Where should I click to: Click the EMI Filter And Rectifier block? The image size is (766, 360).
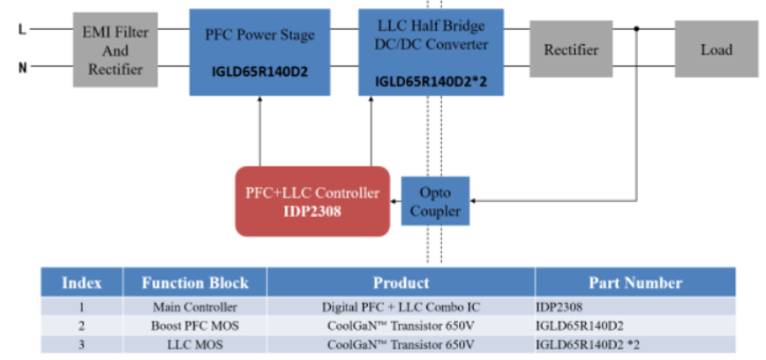pyautogui.click(x=116, y=49)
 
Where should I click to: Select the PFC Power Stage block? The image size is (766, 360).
pyautogui.click(x=260, y=52)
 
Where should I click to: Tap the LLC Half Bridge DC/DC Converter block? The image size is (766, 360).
pyautogui.click(x=431, y=51)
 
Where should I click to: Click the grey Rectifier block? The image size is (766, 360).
pyautogui.click(x=571, y=50)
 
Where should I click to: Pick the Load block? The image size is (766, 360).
pyautogui.click(x=716, y=50)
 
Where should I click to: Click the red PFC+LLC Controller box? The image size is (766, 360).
pyautogui.click(x=312, y=200)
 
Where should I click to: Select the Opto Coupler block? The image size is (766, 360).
pyautogui.click(x=436, y=201)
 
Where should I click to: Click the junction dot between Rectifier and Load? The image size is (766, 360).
pyautogui.click(x=637, y=29)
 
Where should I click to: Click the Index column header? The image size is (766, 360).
pyautogui.click(x=81, y=283)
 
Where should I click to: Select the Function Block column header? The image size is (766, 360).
pyautogui.click(x=195, y=283)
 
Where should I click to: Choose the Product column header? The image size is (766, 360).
pyautogui.click(x=401, y=283)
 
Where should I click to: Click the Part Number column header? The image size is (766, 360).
pyautogui.click(x=635, y=283)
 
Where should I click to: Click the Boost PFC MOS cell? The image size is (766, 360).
pyautogui.click(x=195, y=324)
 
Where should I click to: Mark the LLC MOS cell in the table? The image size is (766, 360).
pyautogui.click(x=195, y=342)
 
